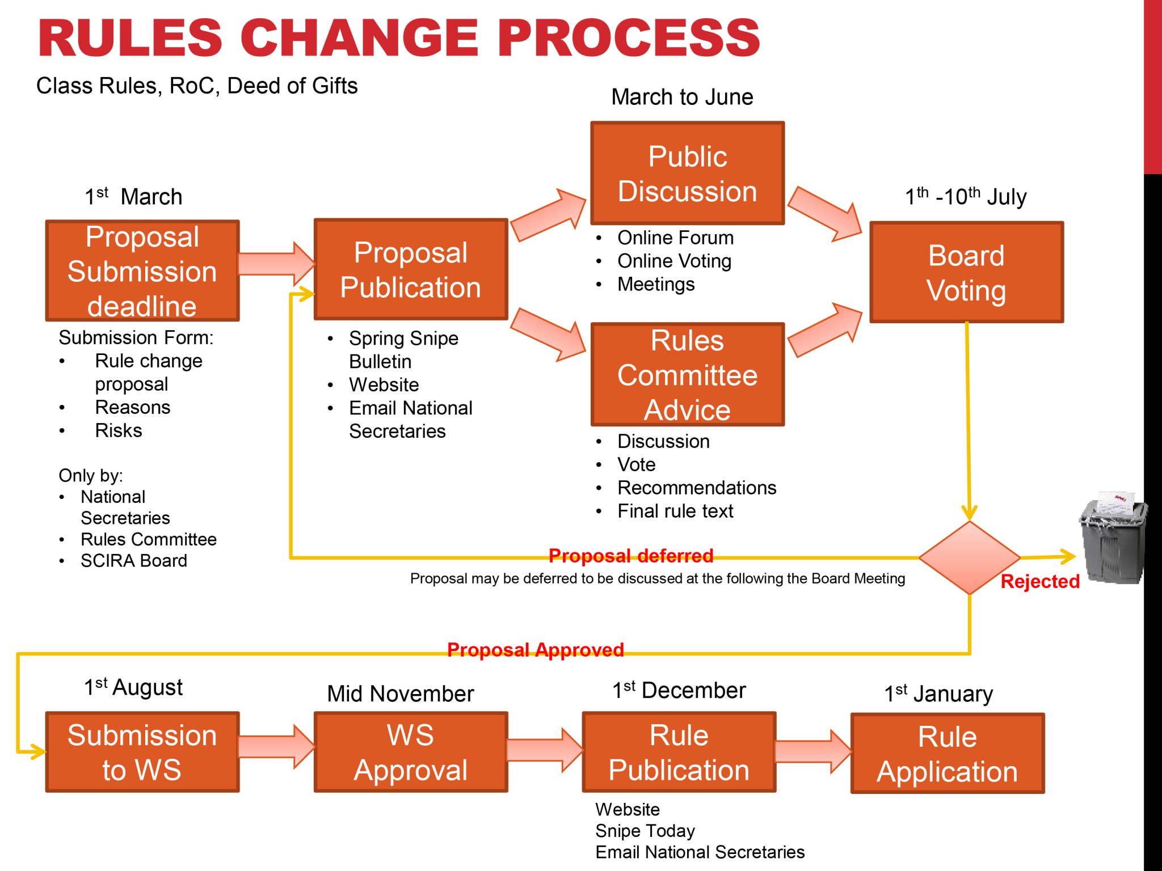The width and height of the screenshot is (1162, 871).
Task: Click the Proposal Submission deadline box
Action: tap(142, 271)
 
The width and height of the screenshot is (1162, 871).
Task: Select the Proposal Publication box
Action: tap(411, 269)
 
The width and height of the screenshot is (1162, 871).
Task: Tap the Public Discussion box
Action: tap(688, 174)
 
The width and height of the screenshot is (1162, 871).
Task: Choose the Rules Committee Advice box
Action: tap(688, 375)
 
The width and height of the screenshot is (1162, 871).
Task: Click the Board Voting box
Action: tap(966, 273)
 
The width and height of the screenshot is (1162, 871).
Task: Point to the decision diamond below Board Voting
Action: tap(970, 558)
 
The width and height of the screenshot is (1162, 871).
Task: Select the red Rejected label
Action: tap(1039, 581)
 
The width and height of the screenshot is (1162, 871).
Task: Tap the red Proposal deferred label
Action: tap(631, 556)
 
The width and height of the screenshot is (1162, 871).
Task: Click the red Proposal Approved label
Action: tap(535, 650)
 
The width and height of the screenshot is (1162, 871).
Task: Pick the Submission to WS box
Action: tap(142, 752)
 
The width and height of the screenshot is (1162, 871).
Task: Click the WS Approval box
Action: tap(411, 752)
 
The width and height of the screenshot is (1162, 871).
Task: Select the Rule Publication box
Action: tap(679, 752)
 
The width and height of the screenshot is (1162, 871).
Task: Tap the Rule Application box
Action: tap(948, 754)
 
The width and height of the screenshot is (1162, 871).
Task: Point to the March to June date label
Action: tap(682, 97)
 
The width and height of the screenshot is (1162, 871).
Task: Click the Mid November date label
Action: tap(401, 694)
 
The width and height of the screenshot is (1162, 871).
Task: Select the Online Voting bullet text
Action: tap(674, 261)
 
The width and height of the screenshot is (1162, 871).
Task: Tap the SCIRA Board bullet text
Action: tap(134, 561)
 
